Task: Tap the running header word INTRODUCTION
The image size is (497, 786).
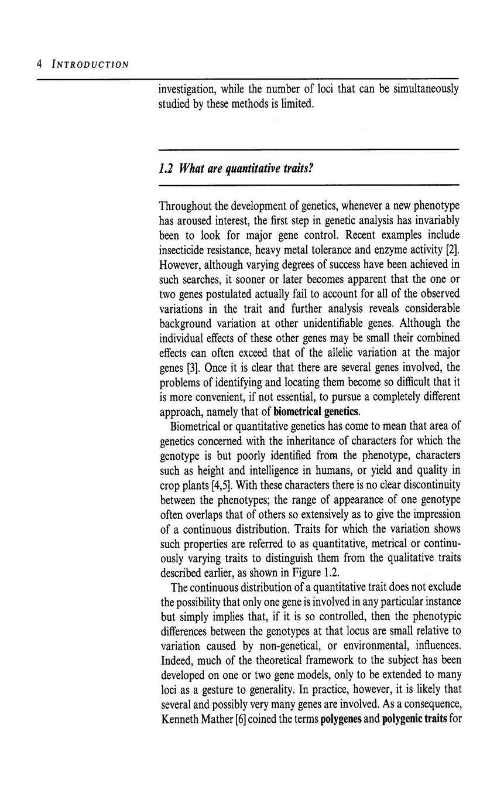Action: pyautogui.click(x=91, y=64)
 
